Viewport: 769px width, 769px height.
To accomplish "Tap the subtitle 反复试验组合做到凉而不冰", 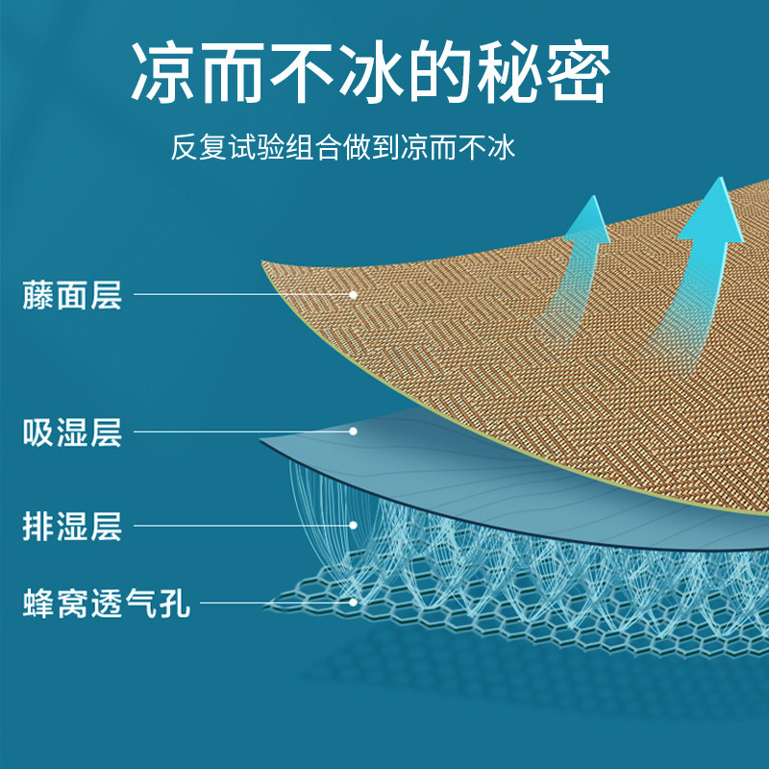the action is pos(344,149).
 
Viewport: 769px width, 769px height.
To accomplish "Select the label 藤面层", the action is pos(72,294).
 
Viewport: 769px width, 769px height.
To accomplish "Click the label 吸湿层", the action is pos(72,432).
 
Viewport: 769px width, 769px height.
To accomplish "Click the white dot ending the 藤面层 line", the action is pos(354,294).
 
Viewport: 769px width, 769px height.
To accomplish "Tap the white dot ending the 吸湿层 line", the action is pos(354,432).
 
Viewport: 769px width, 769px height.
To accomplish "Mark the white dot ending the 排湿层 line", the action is pos(354,525).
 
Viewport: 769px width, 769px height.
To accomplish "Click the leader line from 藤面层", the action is pos(240,294).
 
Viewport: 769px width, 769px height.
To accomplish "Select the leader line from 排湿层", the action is pos(240,525).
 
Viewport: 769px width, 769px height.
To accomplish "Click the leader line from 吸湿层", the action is pos(240,432).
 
